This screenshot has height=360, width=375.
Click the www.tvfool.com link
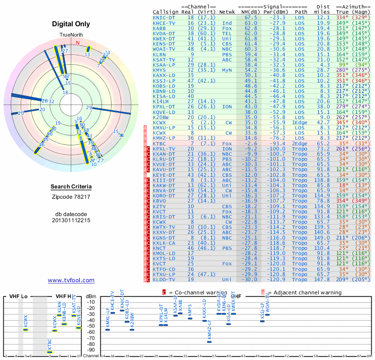pyautogui.click(x=71, y=280)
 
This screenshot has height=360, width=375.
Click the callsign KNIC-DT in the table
pyautogui.click(x=164, y=17)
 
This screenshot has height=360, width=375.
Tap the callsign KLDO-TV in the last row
pyautogui.click(x=164, y=279)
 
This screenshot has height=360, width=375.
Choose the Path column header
pyautogui.click(x=301, y=11)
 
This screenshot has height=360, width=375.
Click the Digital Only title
pyautogui.click(x=71, y=24)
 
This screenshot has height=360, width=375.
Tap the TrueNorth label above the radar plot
pyautogui.click(x=71, y=36)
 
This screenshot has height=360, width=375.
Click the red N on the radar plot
pyautogui.click(x=78, y=43)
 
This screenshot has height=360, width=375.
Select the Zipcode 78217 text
pyautogui.click(x=71, y=196)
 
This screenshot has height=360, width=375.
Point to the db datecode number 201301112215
pyautogui.click(x=71, y=220)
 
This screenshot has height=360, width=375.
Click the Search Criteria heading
pyautogui.click(x=71, y=187)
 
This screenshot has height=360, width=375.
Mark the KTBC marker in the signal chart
pyautogui.click(x=50, y=352)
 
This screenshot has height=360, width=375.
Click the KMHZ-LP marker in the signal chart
pyautogui.click(x=209, y=342)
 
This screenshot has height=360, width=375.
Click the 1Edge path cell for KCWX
pyautogui.click(x=300, y=122)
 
